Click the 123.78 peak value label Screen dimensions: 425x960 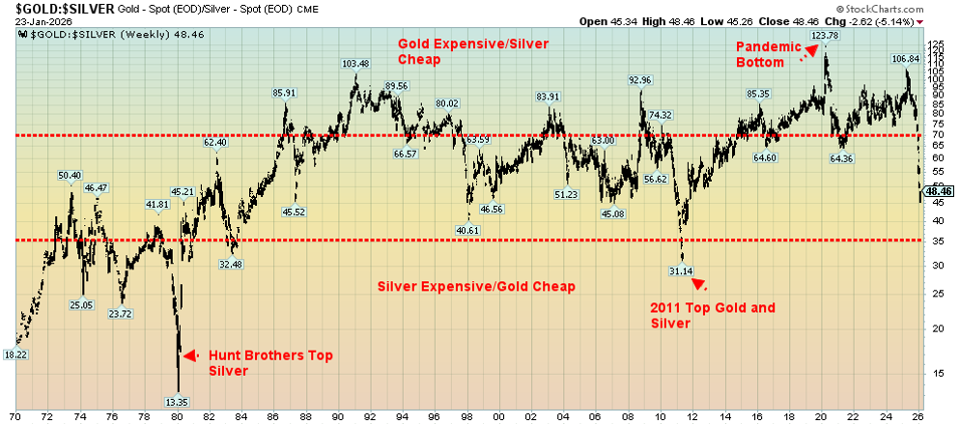tap(824, 36)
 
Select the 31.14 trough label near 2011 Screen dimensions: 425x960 tap(681, 271)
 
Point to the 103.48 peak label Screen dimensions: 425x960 tap(355, 64)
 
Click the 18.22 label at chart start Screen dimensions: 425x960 tap(16, 354)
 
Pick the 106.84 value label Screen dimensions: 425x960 tap(904, 58)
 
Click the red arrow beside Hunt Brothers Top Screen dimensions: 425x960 tap(191, 355)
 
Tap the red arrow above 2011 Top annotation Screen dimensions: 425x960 tap(699, 284)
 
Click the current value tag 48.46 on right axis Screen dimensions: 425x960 tap(938, 192)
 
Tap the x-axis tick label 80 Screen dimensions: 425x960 tap(176, 416)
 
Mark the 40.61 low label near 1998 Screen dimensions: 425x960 tap(467, 230)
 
